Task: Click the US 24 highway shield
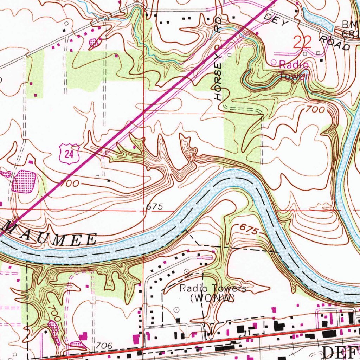pos(69,154)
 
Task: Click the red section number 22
pos(302,43)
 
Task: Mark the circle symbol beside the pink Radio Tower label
pos(274,63)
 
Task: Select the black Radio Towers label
pos(213,288)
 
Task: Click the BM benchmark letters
pos(350,24)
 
